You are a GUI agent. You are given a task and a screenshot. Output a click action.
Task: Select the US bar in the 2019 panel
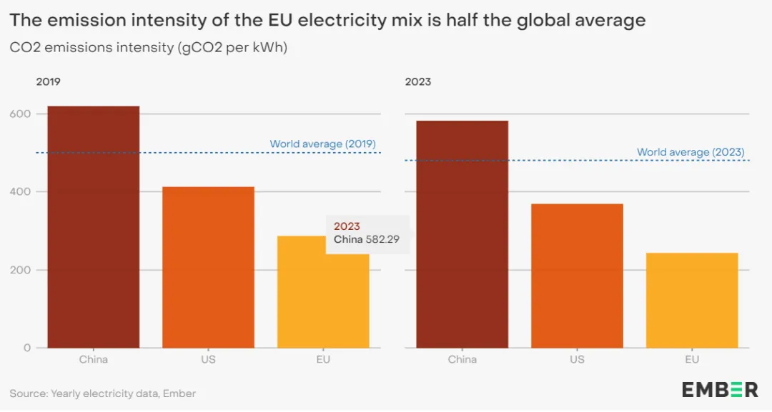click(x=208, y=267)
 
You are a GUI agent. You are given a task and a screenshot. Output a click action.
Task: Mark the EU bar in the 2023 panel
click(x=692, y=300)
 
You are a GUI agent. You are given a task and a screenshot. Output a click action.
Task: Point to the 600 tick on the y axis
click(x=21, y=114)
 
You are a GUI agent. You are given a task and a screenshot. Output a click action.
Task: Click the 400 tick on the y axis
click(x=21, y=192)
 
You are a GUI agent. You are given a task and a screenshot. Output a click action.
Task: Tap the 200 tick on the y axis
click(x=21, y=270)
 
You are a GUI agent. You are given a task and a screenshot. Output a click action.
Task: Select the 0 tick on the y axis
click(x=27, y=348)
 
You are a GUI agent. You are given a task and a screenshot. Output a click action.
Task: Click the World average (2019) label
click(x=322, y=144)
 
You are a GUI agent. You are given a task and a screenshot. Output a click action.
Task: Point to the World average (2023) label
click(x=691, y=152)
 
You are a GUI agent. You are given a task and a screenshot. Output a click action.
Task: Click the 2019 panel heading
click(x=49, y=82)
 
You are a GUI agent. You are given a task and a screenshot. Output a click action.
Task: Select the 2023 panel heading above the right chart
click(x=418, y=82)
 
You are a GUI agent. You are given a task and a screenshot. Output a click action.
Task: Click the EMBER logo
click(x=719, y=389)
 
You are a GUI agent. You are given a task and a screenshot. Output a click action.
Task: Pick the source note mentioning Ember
click(x=102, y=393)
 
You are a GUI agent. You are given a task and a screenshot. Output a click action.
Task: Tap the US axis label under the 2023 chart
click(x=577, y=360)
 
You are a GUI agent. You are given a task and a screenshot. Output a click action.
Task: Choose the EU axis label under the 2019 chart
click(x=323, y=360)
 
